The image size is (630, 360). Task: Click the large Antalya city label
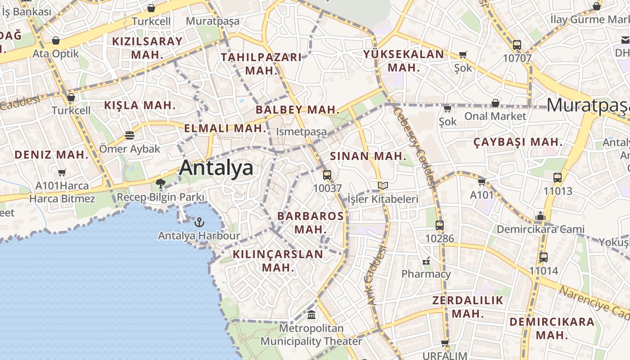tap(216, 168)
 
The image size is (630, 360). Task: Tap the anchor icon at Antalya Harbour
tap(199, 222)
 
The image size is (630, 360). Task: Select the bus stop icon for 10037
tap(327, 175)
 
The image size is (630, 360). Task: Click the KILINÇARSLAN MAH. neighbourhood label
tap(278, 261)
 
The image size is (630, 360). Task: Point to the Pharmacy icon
tap(426, 261)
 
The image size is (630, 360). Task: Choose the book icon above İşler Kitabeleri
tap(383, 185)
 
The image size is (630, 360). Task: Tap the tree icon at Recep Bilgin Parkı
tap(160, 183)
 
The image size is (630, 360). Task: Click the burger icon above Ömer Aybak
tap(130, 135)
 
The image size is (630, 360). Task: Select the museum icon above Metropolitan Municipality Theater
tap(311, 315)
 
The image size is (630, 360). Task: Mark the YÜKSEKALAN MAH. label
tap(404, 61)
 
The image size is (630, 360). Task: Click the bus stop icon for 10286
tap(440, 225)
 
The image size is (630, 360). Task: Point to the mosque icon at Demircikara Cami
tap(540, 216)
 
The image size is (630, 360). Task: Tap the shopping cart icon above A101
tap(482, 182)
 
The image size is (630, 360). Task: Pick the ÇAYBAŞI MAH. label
tap(518, 142)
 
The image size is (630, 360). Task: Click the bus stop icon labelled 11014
tap(544, 257)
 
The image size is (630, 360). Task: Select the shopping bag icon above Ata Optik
tap(56, 40)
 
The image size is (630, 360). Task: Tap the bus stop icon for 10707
tap(517, 45)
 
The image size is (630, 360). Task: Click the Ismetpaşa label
tap(301, 132)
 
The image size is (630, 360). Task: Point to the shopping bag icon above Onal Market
tap(495, 103)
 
